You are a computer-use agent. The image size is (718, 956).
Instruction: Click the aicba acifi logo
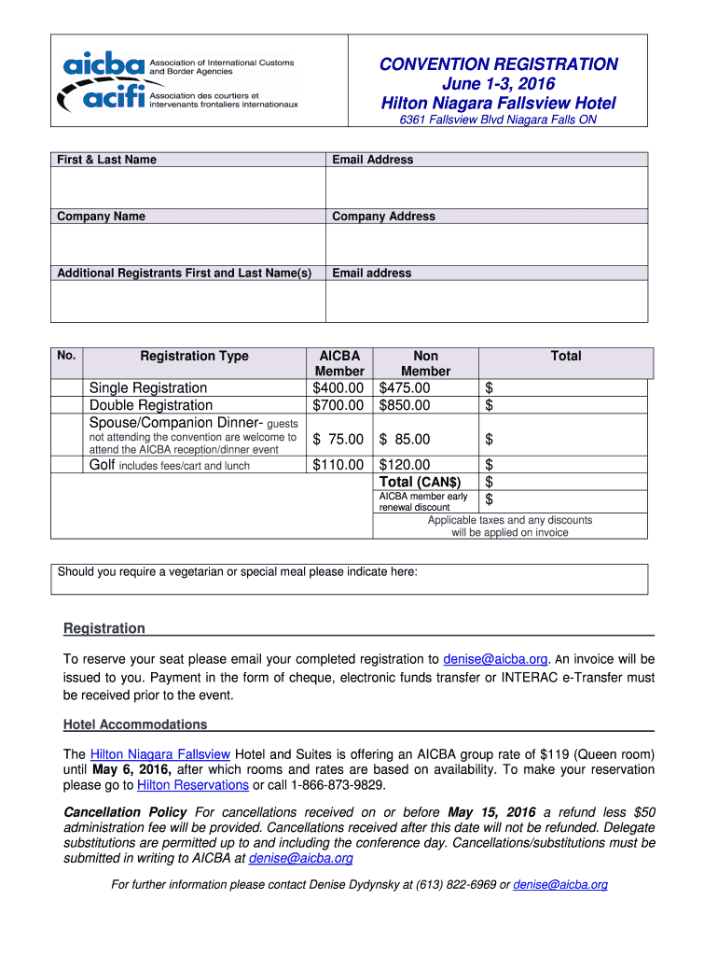[177, 80]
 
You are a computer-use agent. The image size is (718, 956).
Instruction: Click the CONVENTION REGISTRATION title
[498, 64]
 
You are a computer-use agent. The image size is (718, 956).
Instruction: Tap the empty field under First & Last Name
[187, 188]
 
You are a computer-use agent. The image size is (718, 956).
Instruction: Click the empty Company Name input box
[187, 245]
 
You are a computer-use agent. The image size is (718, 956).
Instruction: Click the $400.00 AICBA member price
[338, 387]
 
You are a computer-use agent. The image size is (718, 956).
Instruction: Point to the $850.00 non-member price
[405, 405]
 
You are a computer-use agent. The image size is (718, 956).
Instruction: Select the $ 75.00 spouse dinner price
[338, 439]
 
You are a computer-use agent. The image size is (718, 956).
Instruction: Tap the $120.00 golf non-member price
[405, 465]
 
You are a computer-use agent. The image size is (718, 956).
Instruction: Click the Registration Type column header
[194, 356]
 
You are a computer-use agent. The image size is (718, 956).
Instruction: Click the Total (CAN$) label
[421, 482]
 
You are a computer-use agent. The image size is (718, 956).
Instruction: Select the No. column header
[66, 355]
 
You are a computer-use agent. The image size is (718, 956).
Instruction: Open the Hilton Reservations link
[192, 785]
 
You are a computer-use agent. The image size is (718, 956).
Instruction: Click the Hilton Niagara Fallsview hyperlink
[159, 754]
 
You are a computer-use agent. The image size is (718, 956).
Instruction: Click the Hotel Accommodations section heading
[135, 724]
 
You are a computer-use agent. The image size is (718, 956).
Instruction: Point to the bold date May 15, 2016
[491, 812]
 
